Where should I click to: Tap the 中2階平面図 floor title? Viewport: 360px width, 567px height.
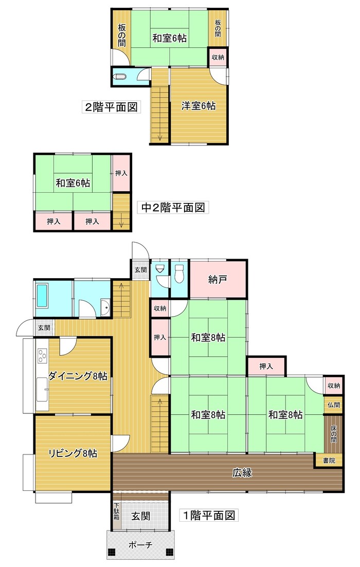(x=173, y=208)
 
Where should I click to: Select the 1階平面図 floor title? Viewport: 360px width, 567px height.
(x=209, y=515)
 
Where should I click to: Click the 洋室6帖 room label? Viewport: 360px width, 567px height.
(x=198, y=106)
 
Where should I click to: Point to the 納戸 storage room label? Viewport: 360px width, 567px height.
(x=218, y=280)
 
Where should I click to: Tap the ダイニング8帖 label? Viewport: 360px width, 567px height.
(x=78, y=376)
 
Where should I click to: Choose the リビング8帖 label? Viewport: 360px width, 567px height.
(x=73, y=453)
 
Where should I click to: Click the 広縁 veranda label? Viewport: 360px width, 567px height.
(x=241, y=472)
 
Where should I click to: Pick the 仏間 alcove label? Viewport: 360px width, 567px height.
(x=333, y=405)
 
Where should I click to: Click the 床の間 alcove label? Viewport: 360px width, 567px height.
(x=333, y=433)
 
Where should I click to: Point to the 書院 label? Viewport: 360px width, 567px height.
(x=329, y=461)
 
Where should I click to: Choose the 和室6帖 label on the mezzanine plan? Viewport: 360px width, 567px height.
(x=74, y=183)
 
